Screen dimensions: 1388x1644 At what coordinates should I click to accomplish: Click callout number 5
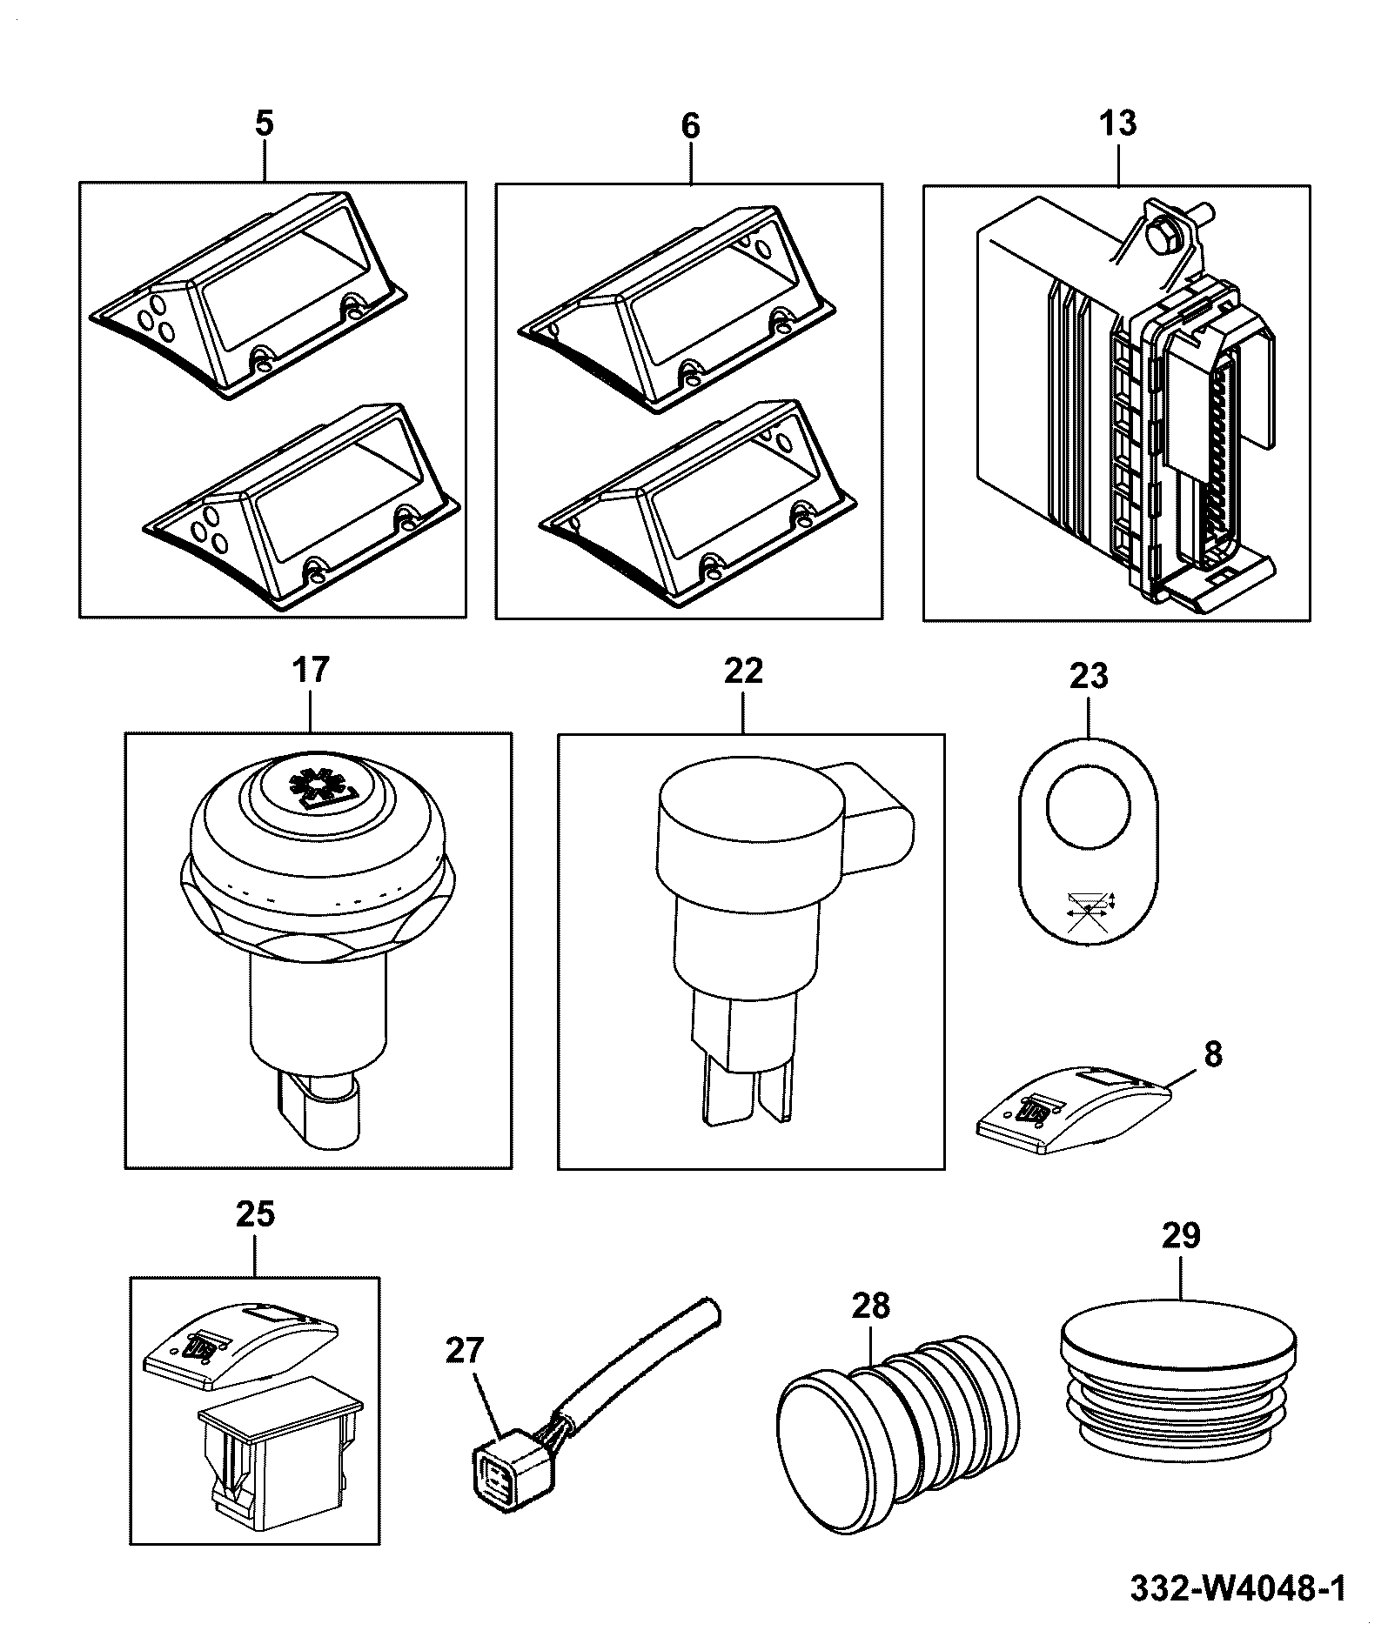point(264,124)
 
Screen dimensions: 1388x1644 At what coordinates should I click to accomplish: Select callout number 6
point(689,125)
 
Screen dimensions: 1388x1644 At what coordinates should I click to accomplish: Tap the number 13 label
point(1118,123)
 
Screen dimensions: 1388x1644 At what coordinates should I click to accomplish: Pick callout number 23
point(1089,675)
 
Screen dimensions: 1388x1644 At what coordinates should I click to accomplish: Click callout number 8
point(1212,1054)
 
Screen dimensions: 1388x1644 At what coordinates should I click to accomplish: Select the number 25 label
point(255,1213)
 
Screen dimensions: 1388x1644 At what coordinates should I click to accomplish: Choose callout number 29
point(1181,1234)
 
